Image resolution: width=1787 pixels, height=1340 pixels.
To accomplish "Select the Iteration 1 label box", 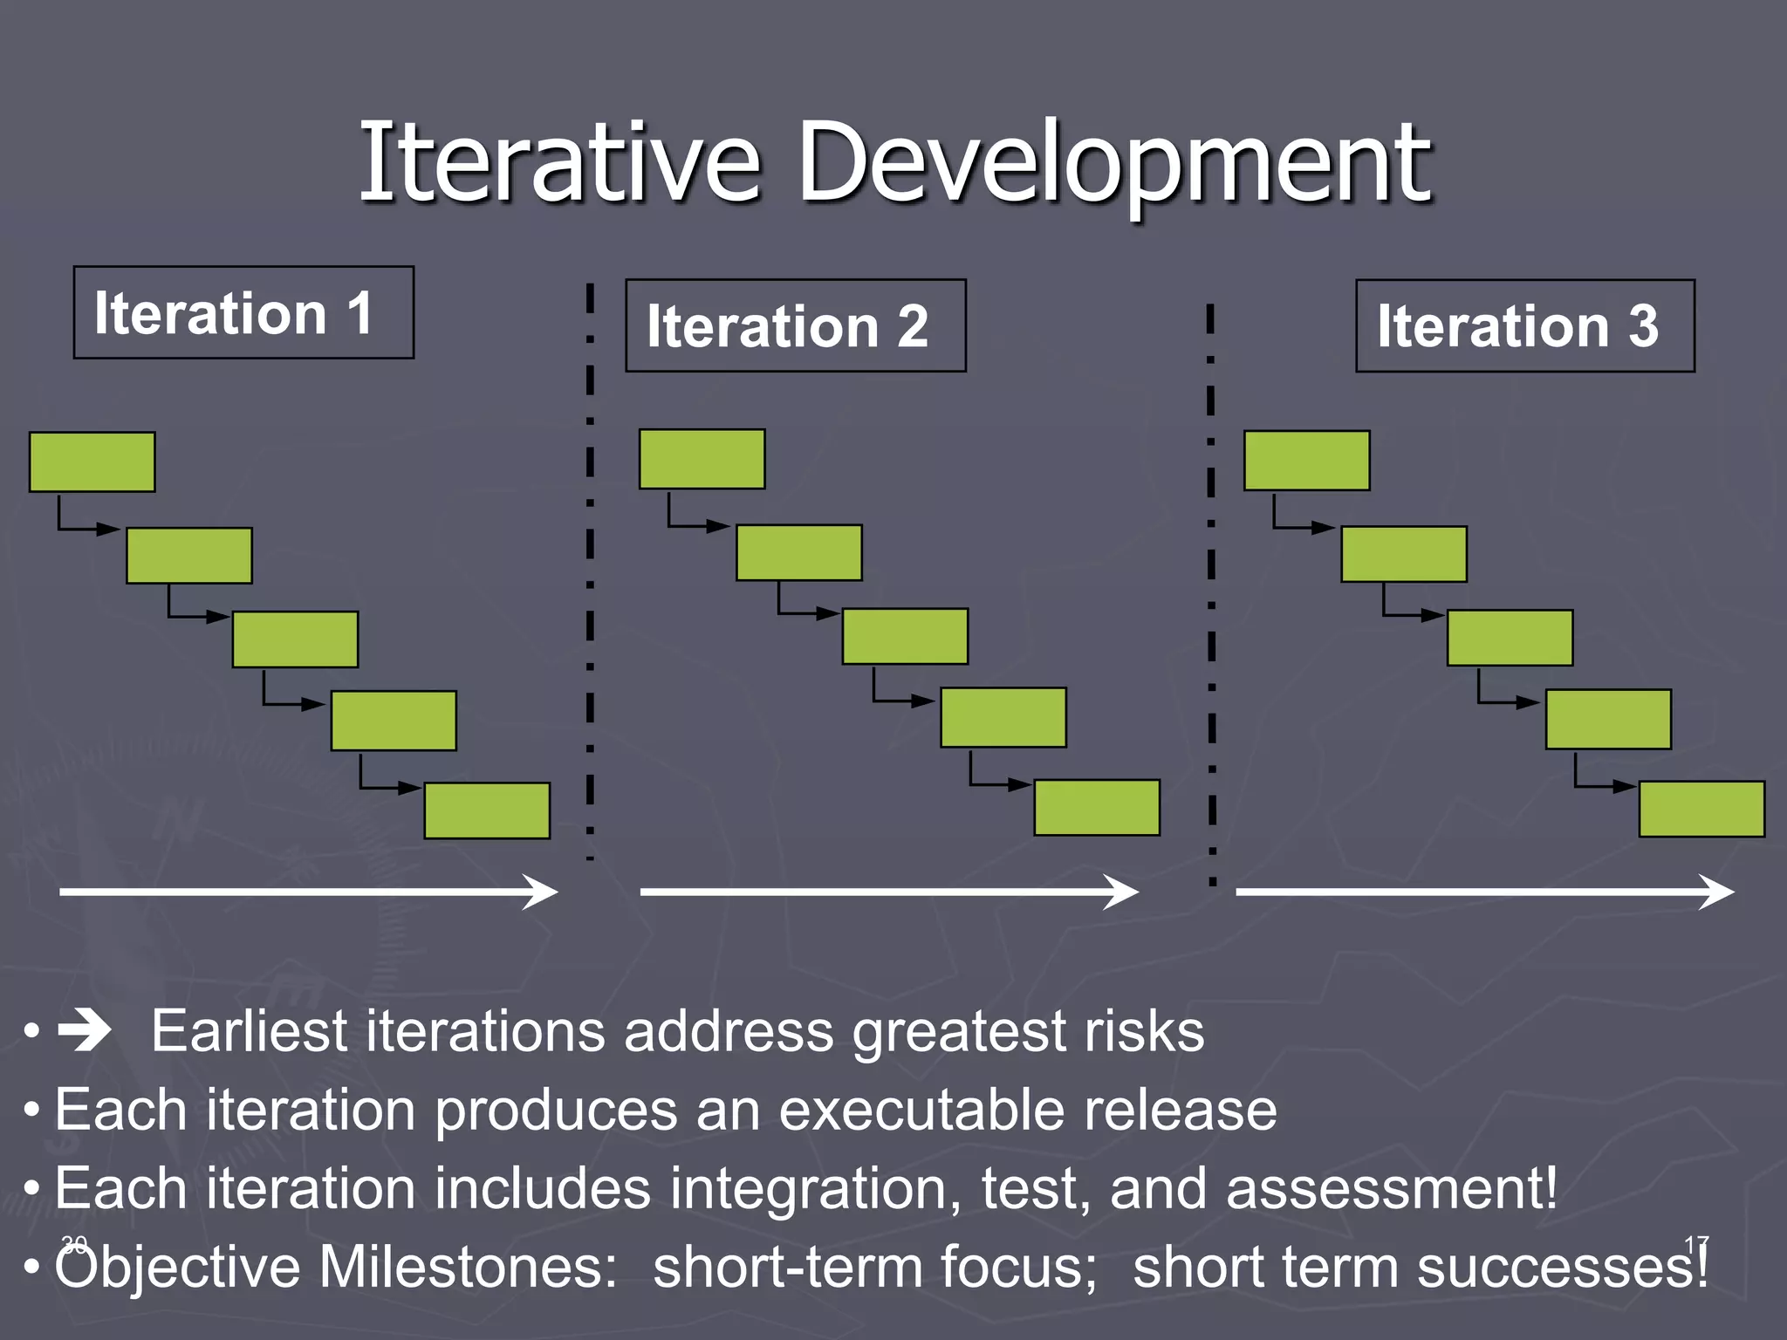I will [243, 312].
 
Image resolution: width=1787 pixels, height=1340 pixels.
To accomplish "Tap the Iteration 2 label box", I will [795, 325].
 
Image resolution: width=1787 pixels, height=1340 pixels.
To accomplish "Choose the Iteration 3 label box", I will [1524, 325].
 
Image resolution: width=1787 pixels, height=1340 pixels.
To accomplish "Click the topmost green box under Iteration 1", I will [92, 461].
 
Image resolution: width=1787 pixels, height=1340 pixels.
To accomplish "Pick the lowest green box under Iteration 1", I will [487, 810].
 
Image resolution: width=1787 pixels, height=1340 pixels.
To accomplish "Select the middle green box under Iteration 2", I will [905, 636].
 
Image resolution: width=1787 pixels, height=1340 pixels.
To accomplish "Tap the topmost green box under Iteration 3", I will [1306, 461].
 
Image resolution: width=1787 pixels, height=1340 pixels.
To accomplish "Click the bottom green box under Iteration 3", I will [1701, 809].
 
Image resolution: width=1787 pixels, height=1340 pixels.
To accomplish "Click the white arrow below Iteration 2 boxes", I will [887, 892].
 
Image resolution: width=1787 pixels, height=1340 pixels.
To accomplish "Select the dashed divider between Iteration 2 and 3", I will [1211, 593].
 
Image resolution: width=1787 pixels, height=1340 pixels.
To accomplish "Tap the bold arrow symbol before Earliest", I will [85, 1031].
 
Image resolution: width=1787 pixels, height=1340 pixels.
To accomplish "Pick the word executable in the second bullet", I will [921, 1110].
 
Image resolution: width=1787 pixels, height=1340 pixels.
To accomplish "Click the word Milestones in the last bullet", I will [468, 1266].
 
